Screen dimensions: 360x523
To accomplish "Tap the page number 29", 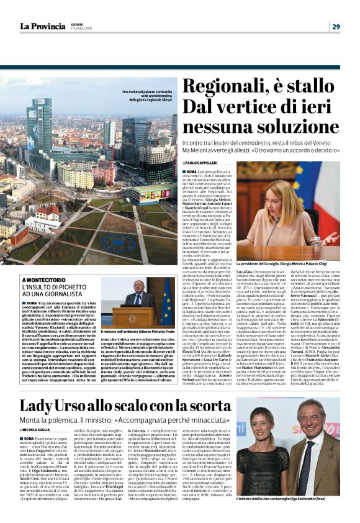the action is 336,26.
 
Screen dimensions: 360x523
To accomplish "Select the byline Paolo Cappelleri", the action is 204,162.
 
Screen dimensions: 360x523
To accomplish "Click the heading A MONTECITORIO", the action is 44,281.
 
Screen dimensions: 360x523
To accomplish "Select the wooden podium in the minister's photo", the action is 138,317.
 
